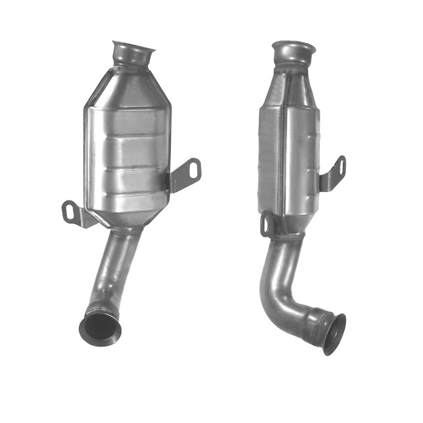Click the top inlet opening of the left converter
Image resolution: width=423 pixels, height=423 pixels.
coord(134,47)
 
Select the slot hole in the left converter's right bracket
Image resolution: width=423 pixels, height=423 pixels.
coord(194,170)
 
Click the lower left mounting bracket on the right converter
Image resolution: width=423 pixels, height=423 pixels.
coord(268,224)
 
